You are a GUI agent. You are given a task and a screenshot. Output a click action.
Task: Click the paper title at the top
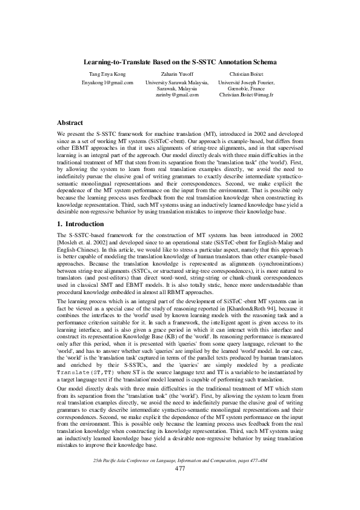pyautogui.click(x=180, y=62)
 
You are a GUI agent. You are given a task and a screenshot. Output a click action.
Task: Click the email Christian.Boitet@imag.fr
pyautogui.click(x=246, y=95)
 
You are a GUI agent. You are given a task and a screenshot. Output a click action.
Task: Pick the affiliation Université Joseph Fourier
pyautogui.click(x=246, y=81)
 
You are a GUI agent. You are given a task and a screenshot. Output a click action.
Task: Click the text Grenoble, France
pyautogui.click(x=246, y=89)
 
